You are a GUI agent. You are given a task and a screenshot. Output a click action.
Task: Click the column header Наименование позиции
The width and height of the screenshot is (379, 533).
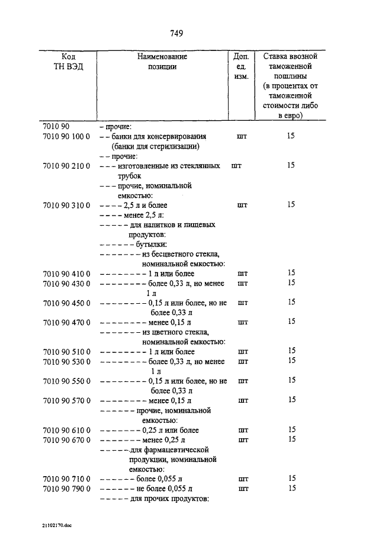[x=162, y=62]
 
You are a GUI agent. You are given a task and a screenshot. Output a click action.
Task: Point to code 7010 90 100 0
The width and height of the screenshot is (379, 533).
[x=66, y=136]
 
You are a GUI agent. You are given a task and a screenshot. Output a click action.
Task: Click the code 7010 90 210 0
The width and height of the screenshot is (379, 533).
[x=66, y=166]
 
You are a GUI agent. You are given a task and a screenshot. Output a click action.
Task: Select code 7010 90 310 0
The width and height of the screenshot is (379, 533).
[x=66, y=205]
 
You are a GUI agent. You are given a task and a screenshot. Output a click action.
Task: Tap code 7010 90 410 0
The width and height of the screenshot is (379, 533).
[x=66, y=273]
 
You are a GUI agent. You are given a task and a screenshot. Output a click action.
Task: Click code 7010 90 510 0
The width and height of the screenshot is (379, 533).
[x=66, y=351]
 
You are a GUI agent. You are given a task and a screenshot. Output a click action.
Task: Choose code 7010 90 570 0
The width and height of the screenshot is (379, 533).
[x=66, y=400]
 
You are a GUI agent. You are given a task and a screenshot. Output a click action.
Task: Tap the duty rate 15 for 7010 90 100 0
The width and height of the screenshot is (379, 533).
[x=291, y=136]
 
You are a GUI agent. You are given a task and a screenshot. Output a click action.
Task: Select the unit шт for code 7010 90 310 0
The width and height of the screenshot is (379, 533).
[x=242, y=205]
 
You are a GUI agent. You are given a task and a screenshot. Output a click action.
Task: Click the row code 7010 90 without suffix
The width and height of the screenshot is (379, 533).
[x=56, y=127]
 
